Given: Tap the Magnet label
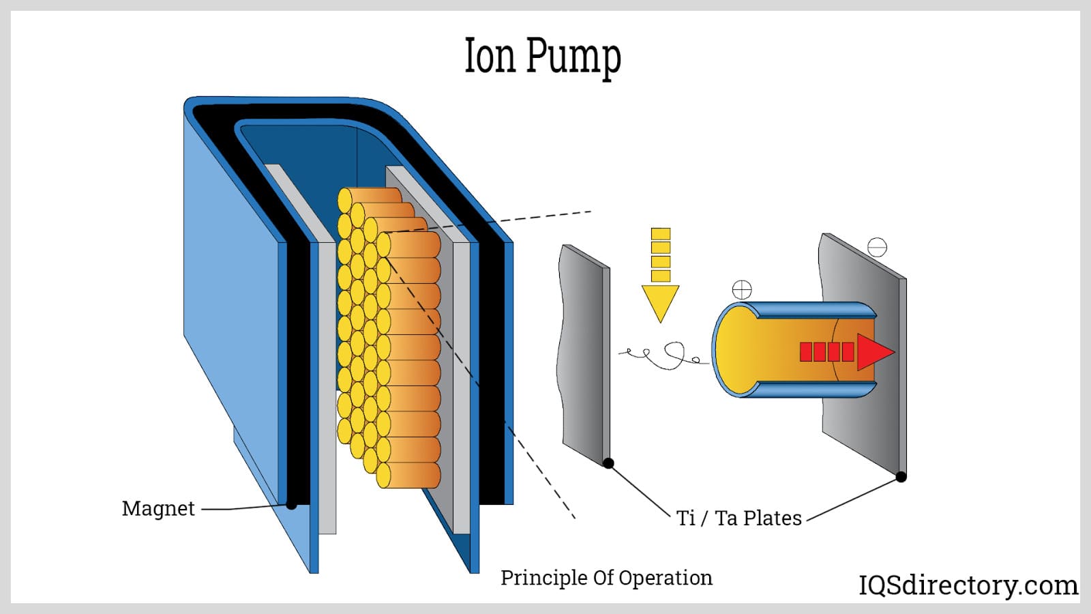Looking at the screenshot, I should pos(158,508).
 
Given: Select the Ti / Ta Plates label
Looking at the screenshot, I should pos(738,518).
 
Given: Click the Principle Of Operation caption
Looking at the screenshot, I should pos(606,578).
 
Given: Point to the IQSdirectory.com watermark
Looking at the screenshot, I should pos(968,585).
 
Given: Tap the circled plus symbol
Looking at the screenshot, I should pos(742,290).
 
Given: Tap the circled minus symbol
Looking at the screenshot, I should pos(877,247).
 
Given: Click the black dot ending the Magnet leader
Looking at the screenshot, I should pos(291,505).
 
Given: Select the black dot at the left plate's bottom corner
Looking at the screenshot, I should pos(609,464).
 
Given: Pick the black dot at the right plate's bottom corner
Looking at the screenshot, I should pos(901,477).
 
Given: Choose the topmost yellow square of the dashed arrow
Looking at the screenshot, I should pos(660,234).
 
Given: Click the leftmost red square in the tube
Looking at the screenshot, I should pos(806,352).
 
